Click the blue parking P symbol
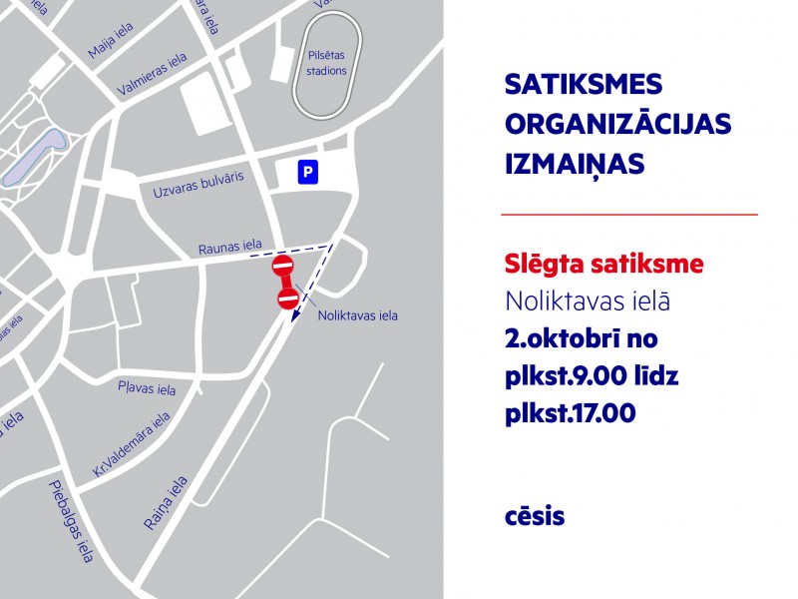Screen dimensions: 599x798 (309, 174)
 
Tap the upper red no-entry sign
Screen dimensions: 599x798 (282, 267)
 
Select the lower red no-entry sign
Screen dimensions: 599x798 (288, 299)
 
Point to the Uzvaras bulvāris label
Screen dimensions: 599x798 (198, 185)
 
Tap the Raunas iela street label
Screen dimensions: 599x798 (229, 246)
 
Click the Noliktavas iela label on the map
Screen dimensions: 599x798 (357, 316)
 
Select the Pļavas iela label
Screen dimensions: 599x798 (147, 387)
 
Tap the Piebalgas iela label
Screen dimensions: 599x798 (70, 520)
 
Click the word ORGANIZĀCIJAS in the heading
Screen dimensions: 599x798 (618, 124)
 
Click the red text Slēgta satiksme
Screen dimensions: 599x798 (604, 265)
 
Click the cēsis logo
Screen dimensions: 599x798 (535, 517)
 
